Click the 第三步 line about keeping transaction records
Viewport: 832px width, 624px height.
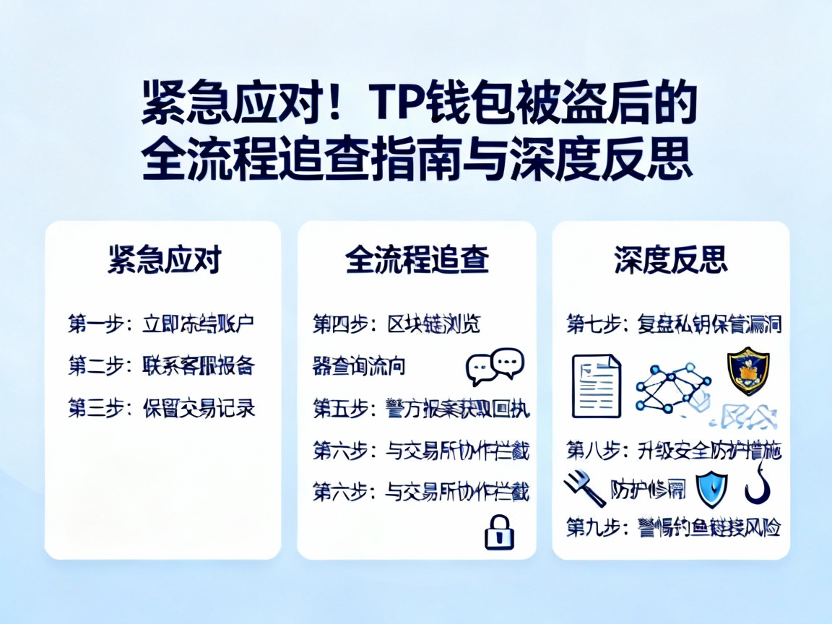click(x=162, y=408)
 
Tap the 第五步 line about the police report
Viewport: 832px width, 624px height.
click(x=421, y=409)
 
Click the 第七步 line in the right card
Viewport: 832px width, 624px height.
click(x=674, y=324)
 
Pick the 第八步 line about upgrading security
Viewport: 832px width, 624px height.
click(x=674, y=451)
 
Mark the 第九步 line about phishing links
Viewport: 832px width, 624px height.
click(x=674, y=528)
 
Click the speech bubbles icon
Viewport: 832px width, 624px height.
click(x=495, y=366)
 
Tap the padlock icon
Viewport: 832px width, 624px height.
click(x=498, y=532)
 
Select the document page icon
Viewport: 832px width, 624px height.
click(x=597, y=386)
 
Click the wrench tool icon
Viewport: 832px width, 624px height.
click(x=584, y=489)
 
